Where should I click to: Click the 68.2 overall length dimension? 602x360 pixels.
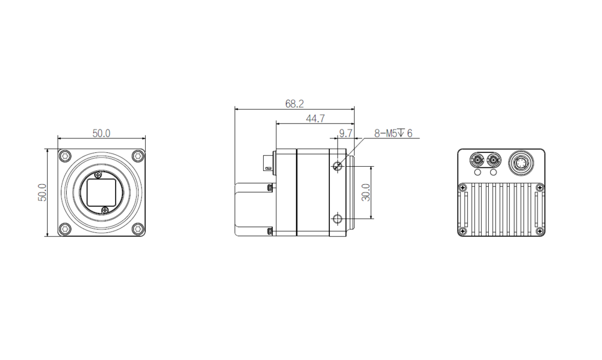294,104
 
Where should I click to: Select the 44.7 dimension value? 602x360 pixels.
315,119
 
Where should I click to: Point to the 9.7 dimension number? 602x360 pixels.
346,133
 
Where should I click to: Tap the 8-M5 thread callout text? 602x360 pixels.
393,133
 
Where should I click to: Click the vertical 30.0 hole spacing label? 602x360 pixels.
366,192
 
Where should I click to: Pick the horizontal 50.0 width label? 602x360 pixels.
101,133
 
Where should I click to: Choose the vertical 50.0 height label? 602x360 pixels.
42,192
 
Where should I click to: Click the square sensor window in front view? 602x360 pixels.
101,193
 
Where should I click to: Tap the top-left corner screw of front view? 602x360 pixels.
66,156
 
